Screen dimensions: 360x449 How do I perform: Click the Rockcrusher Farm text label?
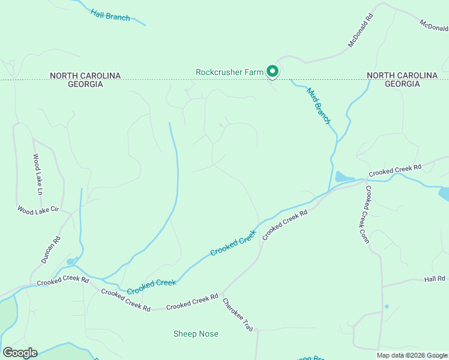tap(229, 72)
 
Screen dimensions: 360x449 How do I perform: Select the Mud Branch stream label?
tap(319, 106)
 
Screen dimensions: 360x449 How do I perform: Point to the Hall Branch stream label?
tap(110, 15)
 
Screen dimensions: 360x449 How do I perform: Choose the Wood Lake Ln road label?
tap(38, 175)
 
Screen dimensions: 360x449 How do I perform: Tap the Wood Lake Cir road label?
tap(38, 211)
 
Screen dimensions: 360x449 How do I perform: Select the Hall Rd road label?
tap(434, 279)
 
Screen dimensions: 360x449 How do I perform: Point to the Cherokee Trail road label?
tap(238, 314)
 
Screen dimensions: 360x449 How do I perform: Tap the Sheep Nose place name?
tap(196, 334)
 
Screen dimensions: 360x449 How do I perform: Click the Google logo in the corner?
tap(20, 353)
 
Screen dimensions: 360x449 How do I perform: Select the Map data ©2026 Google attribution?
tap(412, 355)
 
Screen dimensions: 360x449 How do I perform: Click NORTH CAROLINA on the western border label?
tap(85, 76)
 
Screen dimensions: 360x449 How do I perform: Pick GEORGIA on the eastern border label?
tap(402, 84)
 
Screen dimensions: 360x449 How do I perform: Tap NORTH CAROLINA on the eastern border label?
tap(402, 76)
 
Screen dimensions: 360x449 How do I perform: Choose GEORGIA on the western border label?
tap(85, 84)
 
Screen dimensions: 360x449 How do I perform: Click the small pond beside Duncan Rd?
tap(71, 262)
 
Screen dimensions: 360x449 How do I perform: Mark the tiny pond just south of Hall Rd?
tap(387, 307)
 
